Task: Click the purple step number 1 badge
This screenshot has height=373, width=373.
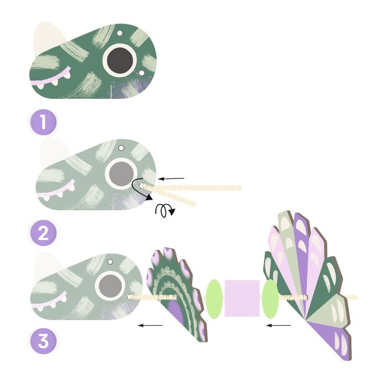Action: (44, 122)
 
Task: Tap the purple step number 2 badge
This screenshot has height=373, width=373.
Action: (44, 233)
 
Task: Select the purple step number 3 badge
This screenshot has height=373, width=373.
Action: (44, 341)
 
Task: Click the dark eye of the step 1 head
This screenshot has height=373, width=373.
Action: (120, 59)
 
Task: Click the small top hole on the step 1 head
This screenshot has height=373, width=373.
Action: (119, 33)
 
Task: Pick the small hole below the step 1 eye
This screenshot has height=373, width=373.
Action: (142, 73)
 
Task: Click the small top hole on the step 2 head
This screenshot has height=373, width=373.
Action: (121, 148)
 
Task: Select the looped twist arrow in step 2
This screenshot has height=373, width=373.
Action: (164, 210)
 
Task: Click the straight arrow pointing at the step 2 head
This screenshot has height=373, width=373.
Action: (172, 178)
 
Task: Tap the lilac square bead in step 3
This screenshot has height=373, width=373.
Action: (242, 298)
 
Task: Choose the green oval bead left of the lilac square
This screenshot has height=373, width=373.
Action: (214, 299)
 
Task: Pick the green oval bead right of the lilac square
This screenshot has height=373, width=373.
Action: (270, 299)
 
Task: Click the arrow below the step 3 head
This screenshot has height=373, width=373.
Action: (150, 325)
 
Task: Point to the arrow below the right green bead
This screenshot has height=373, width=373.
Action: (279, 325)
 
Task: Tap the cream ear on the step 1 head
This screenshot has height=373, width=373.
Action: (48, 38)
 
